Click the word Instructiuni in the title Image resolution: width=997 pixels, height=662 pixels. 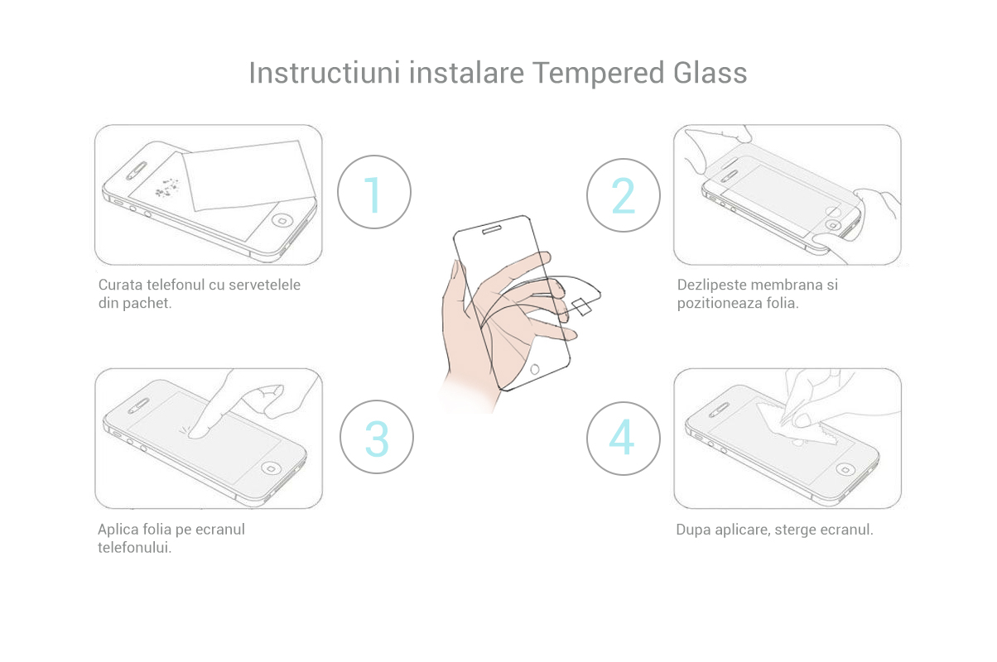[325, 73]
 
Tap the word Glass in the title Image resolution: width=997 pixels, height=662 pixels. [710, 73]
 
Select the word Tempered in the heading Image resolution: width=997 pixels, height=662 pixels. [598, 74]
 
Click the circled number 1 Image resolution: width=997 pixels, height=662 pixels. [374, 192]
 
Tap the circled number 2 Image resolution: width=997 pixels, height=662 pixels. [623, 195]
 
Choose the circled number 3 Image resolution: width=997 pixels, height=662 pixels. [377, 437]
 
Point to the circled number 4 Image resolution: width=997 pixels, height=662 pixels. [623, 439]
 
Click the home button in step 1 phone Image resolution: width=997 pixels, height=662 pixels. [282, 220]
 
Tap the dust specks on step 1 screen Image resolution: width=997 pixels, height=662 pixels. [166, 188]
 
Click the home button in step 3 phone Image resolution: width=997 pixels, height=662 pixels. [271, 468]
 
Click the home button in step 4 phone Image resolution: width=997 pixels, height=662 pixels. [845, 469]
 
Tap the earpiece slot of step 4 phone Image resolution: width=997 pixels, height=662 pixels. [720, 410]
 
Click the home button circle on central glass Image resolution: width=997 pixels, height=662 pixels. [535, 369]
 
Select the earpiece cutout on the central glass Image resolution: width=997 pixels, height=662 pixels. [492, 229]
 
